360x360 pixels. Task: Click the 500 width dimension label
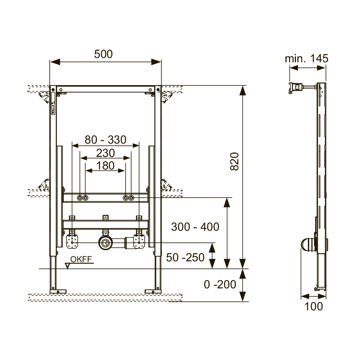point(103,54)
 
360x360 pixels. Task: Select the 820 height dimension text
point(234,161)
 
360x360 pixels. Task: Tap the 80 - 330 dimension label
point(105,140)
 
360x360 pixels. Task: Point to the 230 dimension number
point(105,153)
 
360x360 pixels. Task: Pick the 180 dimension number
point(105,166)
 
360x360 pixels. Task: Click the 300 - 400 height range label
point(195,227)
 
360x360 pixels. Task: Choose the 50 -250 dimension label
point(185,257)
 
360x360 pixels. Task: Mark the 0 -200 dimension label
point(220,284)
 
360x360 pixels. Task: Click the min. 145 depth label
point(306,59)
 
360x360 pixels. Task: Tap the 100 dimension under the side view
point(314,306)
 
